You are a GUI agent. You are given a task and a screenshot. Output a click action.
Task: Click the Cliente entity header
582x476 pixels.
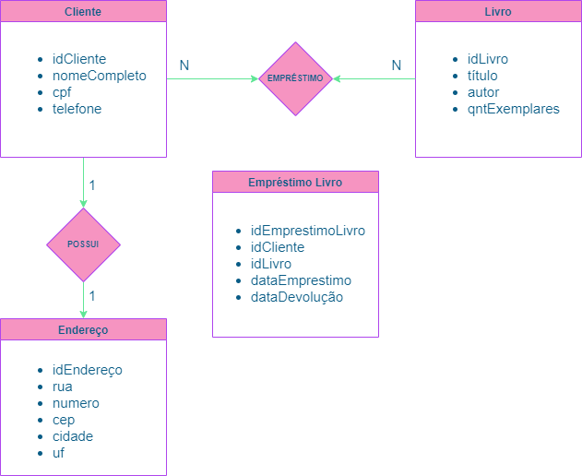(x=83, y=12)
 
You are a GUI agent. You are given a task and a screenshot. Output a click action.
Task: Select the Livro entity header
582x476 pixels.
(x=498, y=12)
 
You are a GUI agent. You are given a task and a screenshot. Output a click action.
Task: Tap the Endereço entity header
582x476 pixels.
(x=83, y=329)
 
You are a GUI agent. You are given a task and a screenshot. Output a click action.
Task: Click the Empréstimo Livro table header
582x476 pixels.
(x=295, y=182)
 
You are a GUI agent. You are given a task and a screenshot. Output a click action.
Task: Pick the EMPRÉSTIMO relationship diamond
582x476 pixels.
(x=295, y=78)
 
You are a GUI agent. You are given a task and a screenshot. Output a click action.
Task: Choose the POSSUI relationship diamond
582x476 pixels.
(x=83, y=244)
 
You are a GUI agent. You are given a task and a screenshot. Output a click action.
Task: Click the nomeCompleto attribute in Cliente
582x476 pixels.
(x=99, y=76)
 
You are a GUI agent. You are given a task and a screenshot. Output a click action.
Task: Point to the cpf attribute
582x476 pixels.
(x=63, y=92)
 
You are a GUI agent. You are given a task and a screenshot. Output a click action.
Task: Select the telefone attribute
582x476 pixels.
(x=77, y=109)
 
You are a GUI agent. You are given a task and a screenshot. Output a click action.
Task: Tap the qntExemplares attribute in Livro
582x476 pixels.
(x=513, y=109)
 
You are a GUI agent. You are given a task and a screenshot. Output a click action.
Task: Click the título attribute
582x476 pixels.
(x=482, y=76)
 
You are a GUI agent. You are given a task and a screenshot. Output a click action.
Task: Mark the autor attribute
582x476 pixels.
(x=482, y=92)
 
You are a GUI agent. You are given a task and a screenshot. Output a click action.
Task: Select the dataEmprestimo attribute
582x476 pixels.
(x=301, y=280)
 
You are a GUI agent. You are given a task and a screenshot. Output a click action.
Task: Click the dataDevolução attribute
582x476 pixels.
(x=297, y=297)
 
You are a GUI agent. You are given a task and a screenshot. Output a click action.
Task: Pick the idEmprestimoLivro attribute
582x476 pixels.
(x=308, y=231)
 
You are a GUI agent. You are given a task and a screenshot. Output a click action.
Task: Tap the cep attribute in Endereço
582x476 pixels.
(x=64, y=420)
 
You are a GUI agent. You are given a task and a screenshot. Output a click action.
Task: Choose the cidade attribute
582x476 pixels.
(x=73, y=436)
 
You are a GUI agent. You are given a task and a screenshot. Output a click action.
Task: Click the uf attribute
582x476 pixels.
(x=59, y=453)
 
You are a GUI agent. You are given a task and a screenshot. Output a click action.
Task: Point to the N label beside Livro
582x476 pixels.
(x=397, y=65)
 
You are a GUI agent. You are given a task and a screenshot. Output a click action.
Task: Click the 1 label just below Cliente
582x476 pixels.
(x=92, y=185)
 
